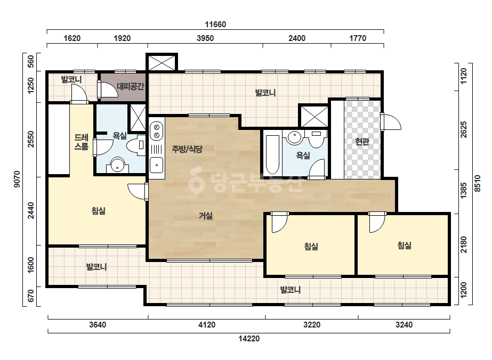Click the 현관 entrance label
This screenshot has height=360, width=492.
point(362,142)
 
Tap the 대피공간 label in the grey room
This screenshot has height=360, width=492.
point(130,86)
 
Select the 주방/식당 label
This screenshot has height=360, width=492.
point(187,149)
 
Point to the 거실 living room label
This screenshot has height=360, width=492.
point(206,216)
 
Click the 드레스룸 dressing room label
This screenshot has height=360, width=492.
point(81,142)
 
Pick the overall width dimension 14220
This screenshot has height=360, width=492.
point(249,339)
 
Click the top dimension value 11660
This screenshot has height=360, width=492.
point(215,24)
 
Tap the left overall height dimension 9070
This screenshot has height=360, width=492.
point(17,179)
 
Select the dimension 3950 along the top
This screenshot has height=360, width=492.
point(205,38)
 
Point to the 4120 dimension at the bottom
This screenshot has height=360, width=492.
point(207,325)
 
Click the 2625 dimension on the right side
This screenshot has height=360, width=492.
point(463,129)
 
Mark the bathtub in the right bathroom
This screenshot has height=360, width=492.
point(272,154)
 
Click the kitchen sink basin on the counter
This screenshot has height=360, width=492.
point(156,165)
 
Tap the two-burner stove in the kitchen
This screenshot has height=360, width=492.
point(157,132)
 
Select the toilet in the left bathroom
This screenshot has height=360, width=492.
point(136,145)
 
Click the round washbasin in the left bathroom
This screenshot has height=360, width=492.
point(118,165)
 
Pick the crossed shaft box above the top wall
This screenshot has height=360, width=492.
point(162,63)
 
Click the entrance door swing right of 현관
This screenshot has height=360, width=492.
point(391,121)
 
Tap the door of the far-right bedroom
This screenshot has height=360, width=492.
point(377,222)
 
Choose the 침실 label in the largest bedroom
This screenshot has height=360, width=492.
point(98,211)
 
